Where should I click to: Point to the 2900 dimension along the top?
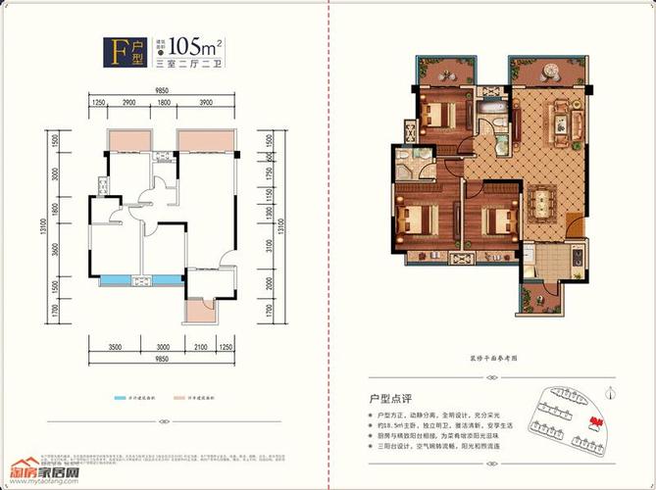[128, 103]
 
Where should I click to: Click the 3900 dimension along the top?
[206, 103]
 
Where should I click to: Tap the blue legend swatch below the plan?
[117, 401]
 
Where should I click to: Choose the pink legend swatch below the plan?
[178, 401]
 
